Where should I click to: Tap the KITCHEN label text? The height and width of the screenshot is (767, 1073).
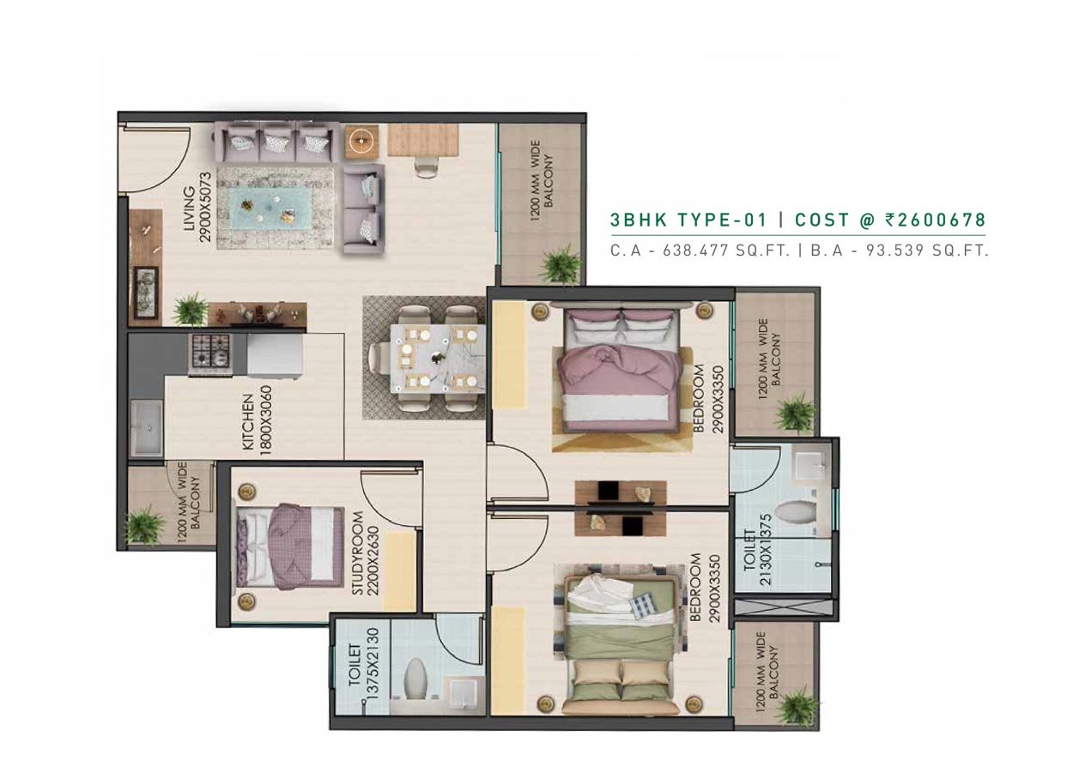pos(249,422)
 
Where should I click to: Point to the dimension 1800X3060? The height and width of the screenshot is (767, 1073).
pos(264,420)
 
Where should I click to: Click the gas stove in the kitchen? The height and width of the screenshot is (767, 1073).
pos(211,354)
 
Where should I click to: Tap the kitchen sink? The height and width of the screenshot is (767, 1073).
pos(148,427)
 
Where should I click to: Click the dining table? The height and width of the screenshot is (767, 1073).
pos(438,359)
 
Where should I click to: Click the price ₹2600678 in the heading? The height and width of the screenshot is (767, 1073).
pos(935,220)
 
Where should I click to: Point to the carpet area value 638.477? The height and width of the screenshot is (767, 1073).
pos(694,251)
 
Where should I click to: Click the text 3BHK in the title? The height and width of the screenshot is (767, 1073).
pos(639,220)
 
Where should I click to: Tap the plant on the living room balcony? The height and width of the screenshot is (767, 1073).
pos(559,263)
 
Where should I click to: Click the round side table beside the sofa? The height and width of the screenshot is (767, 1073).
pos(361,141)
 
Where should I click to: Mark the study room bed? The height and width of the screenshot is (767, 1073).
pos(290,545)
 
